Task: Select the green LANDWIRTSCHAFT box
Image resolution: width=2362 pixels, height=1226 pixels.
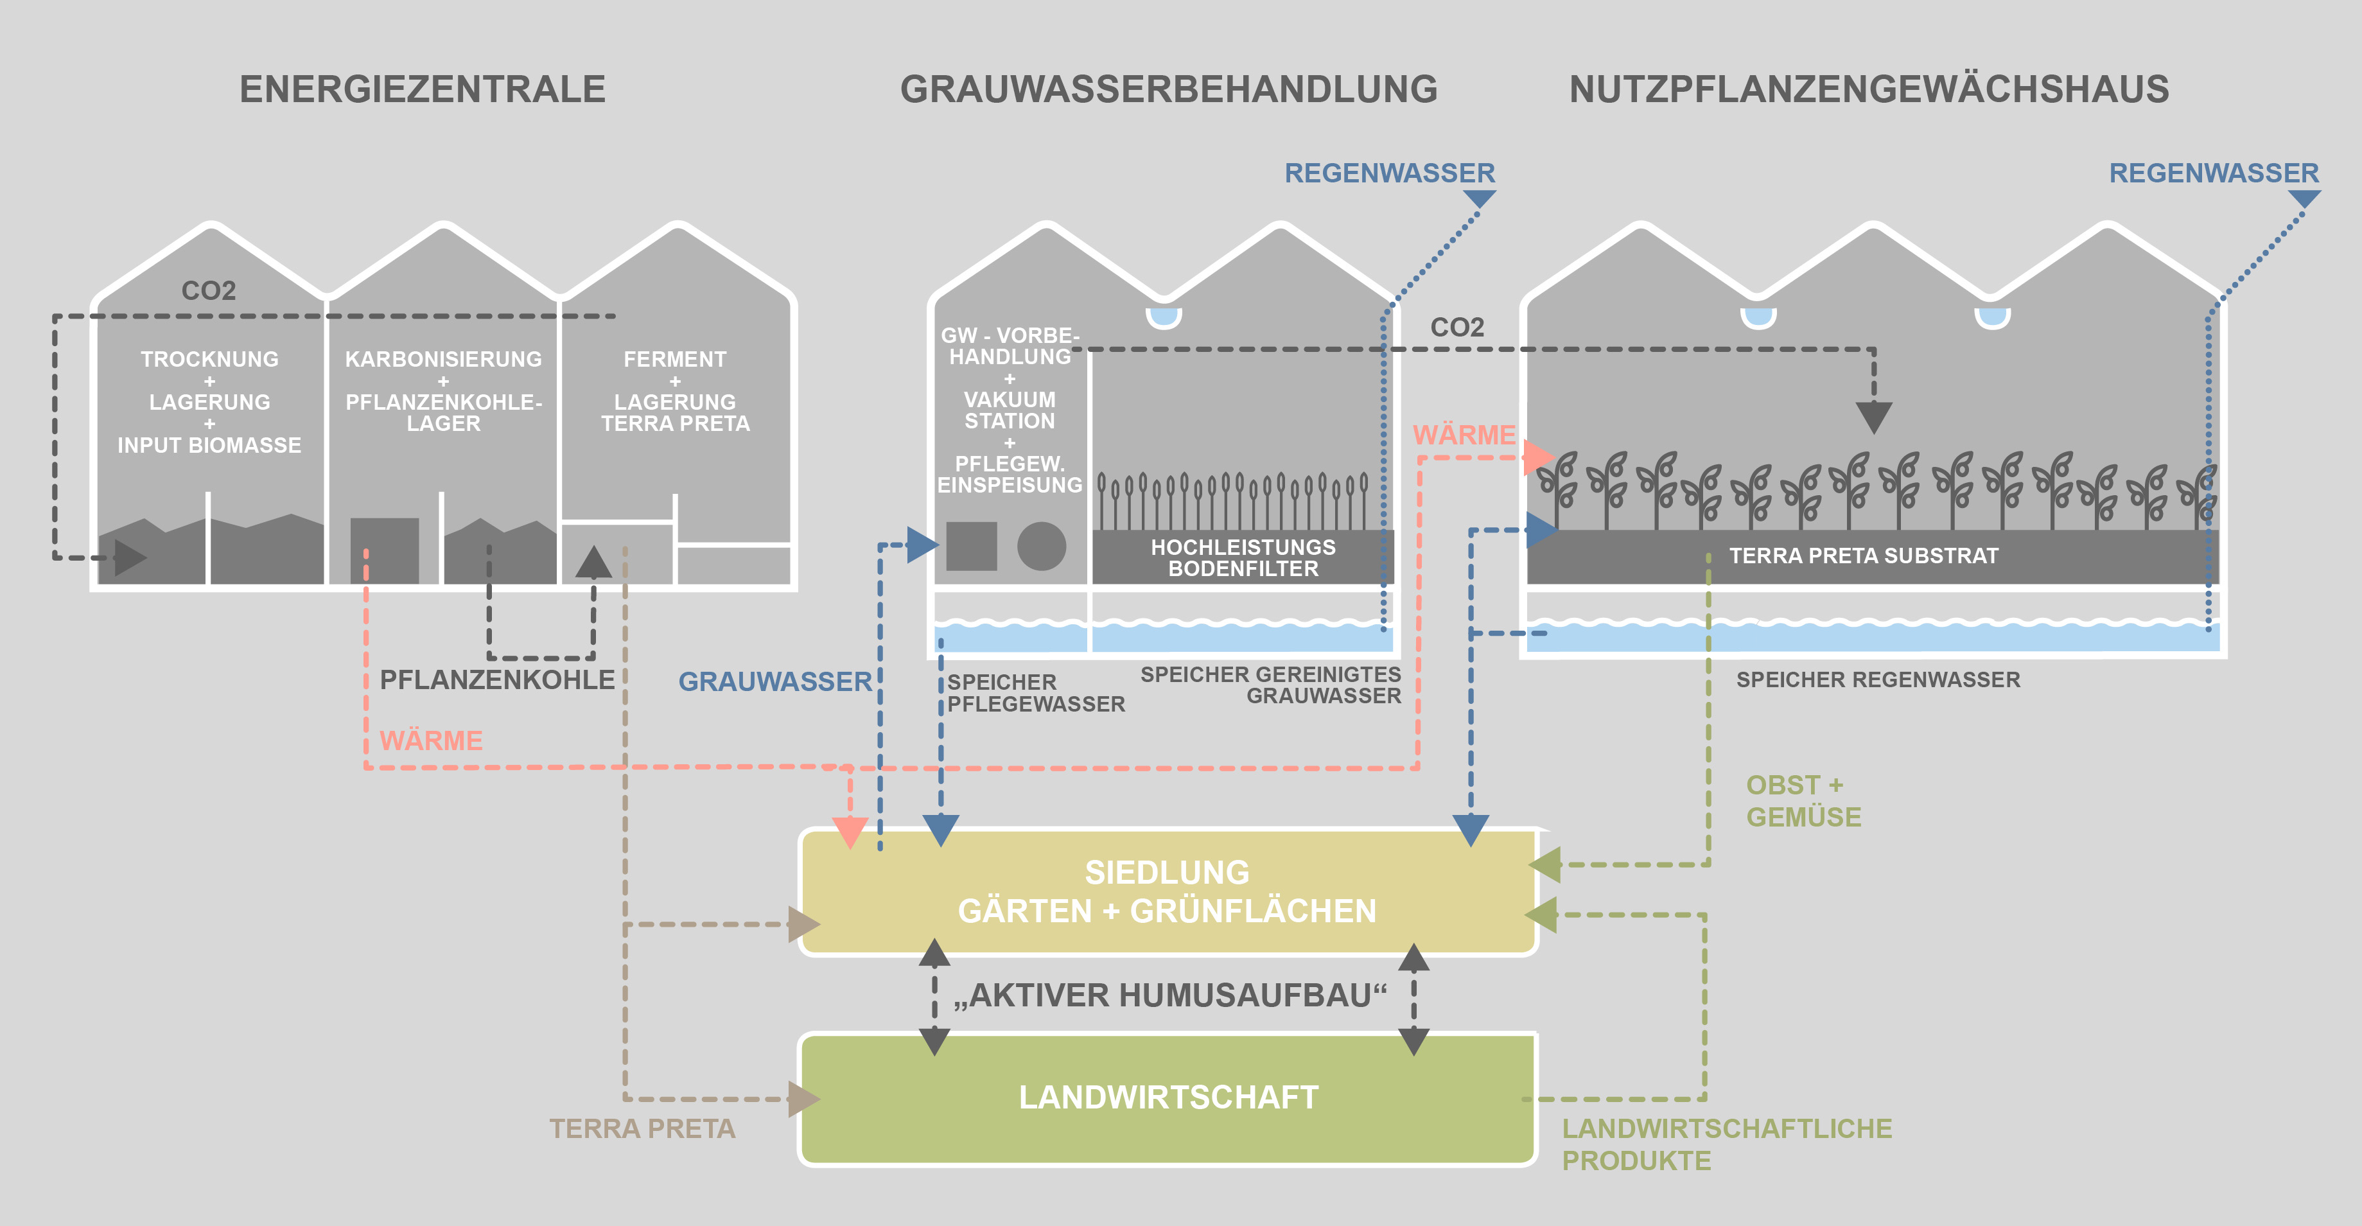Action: (x=1168, y=1098)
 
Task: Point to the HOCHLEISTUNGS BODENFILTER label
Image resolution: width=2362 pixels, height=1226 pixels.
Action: (x=1243, y=557)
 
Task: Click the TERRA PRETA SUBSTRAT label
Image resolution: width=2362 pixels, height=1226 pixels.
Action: (x=1863, y=556)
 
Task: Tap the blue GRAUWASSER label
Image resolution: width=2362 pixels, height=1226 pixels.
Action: (x=774, y=681)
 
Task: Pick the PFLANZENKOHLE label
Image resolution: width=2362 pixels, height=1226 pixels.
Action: (x=497, y=679)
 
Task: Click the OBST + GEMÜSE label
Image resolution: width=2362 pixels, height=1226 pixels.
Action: (x=1803, y=800)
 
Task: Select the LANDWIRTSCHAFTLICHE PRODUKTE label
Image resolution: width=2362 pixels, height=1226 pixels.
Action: (x=1727, y=1143)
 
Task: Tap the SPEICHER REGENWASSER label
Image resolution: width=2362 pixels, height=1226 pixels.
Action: (x=1878, y=679)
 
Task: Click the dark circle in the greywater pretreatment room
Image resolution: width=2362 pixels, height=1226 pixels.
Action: (x=1042, y=547)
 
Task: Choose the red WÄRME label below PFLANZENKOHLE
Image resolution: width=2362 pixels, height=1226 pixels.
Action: (x=431, y=740)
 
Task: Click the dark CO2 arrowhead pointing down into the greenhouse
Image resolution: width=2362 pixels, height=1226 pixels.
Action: (x=1873, y=417)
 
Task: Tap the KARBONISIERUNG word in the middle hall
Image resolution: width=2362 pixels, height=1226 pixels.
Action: (x=443, y=360)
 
